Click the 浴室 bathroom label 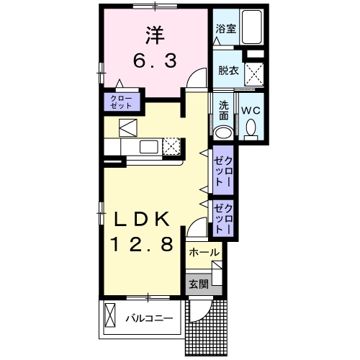click(225, 30)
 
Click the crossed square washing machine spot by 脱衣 click(253, 73)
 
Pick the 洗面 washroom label click(224, 109)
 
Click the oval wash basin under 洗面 click(224, 132)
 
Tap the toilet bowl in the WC click(251, 129)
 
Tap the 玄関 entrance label click(198, 283)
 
